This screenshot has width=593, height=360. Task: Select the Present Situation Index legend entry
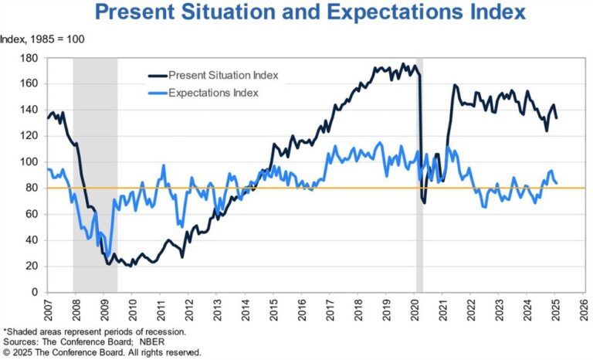click(225, 75)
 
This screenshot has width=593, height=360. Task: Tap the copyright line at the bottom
click(102, 352)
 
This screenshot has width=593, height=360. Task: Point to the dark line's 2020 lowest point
click(424, 202)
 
